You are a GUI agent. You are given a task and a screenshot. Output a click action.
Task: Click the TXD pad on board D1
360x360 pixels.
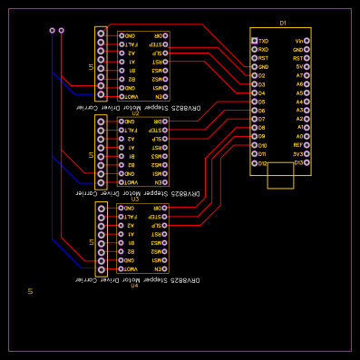click(x=255, y=41)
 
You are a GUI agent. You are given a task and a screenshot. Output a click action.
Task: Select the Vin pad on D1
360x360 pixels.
click(x=306, y=41)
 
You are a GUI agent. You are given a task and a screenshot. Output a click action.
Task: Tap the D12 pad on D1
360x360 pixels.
click(x=255, y=163)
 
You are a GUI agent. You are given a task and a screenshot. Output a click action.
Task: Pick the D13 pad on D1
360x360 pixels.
click(x=306, y=163)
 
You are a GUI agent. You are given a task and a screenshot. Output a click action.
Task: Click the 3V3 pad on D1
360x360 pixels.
click(x=306, y=154)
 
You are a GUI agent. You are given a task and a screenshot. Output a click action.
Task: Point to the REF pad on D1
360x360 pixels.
click(x=306, y=145)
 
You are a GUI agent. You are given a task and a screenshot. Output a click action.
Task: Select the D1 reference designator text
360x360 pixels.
click(x=282, y=23)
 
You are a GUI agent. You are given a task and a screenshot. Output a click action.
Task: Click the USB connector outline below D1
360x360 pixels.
click(x=280, y=176)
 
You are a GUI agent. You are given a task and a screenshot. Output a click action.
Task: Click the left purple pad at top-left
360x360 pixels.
click(x=52, y=30)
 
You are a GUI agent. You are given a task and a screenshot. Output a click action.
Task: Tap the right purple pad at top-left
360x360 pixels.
click(x=61, y=30)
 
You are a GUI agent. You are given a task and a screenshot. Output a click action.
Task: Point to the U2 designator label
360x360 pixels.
click(x=134, y=112)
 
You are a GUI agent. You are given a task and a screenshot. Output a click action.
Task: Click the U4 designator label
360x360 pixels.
click(x=134, y=286)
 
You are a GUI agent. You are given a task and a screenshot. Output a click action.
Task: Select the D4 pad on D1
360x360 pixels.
click(x=255, y=93)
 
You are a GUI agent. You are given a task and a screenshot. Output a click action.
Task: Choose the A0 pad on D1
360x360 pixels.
click(x=306, y=137)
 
